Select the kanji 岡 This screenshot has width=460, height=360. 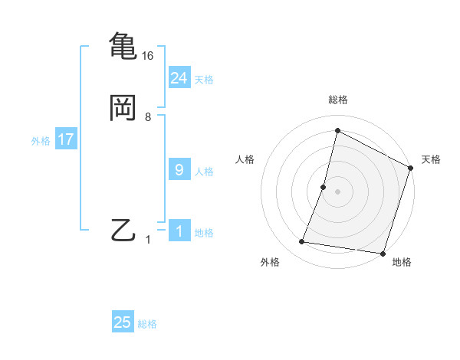tap(123, 108)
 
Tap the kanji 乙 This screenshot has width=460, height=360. tap(123, 230)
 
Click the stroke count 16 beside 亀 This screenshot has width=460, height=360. tap(148, 56)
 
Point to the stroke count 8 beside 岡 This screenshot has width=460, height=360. tap(148, 117)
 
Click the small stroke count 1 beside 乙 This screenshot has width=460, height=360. tap(149, 240)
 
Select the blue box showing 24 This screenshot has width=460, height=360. tap(179, 77)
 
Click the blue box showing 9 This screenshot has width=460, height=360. tap(179, 170)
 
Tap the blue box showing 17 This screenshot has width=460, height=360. tap(65, 140)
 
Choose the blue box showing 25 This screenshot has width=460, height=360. tap(123, 322)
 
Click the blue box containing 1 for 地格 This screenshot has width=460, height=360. tap(179, 231)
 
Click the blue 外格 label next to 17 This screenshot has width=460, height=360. tap(41, 141)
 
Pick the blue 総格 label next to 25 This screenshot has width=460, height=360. tap(147, 324)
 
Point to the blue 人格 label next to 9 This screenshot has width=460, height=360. tap(204, 172)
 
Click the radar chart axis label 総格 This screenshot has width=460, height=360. tap(338, 100)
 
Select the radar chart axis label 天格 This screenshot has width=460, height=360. tap(431, 159)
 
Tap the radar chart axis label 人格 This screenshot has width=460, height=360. tap(245, 159)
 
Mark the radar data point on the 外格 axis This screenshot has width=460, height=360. tap(302, 242)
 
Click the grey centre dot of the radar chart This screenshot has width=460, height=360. tap(338, 191)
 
